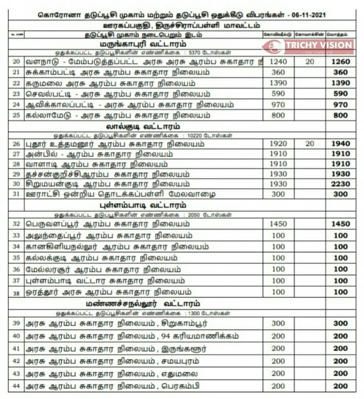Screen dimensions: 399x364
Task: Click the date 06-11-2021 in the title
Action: (305, 15)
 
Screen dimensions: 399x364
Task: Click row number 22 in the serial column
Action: (16, 83)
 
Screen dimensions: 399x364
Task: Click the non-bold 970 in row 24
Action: (278, 104)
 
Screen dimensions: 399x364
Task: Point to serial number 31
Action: (16, 194)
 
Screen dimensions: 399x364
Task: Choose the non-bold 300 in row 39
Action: (278, 323)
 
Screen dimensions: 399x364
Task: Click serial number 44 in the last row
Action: (16, 386)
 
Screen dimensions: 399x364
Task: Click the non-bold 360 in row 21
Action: (278, 72)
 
